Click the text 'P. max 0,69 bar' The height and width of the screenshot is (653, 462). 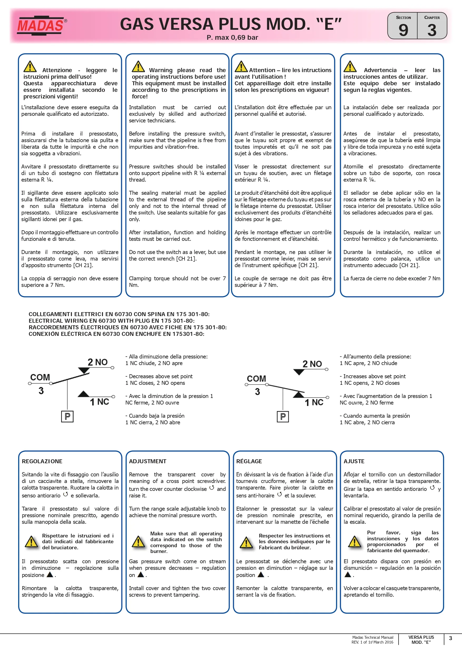click(232, 38)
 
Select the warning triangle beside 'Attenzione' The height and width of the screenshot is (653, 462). click(30, 67)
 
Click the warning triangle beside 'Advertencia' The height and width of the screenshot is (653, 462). click(350, 67)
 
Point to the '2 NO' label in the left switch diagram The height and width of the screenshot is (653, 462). click(97, 362)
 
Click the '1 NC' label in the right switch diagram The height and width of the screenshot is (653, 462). click(314, 402)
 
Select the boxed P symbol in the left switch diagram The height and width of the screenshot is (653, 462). click(67, 416)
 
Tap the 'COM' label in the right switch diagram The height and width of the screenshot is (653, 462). click(256, 378)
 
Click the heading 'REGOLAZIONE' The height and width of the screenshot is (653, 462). click(42, 461)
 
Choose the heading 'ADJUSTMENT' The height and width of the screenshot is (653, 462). click(148, 461)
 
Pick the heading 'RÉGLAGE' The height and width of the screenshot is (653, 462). click(249, 461)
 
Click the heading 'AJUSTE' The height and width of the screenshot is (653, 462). click(354, 461)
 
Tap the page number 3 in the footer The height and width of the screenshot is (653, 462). click(450, 638)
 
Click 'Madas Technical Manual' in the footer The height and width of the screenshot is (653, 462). click(373, 637)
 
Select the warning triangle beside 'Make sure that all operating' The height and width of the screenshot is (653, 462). click(138, 542)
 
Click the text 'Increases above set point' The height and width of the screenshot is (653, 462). click(374, 376)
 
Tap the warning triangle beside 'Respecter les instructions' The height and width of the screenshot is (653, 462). click(246, 543)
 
